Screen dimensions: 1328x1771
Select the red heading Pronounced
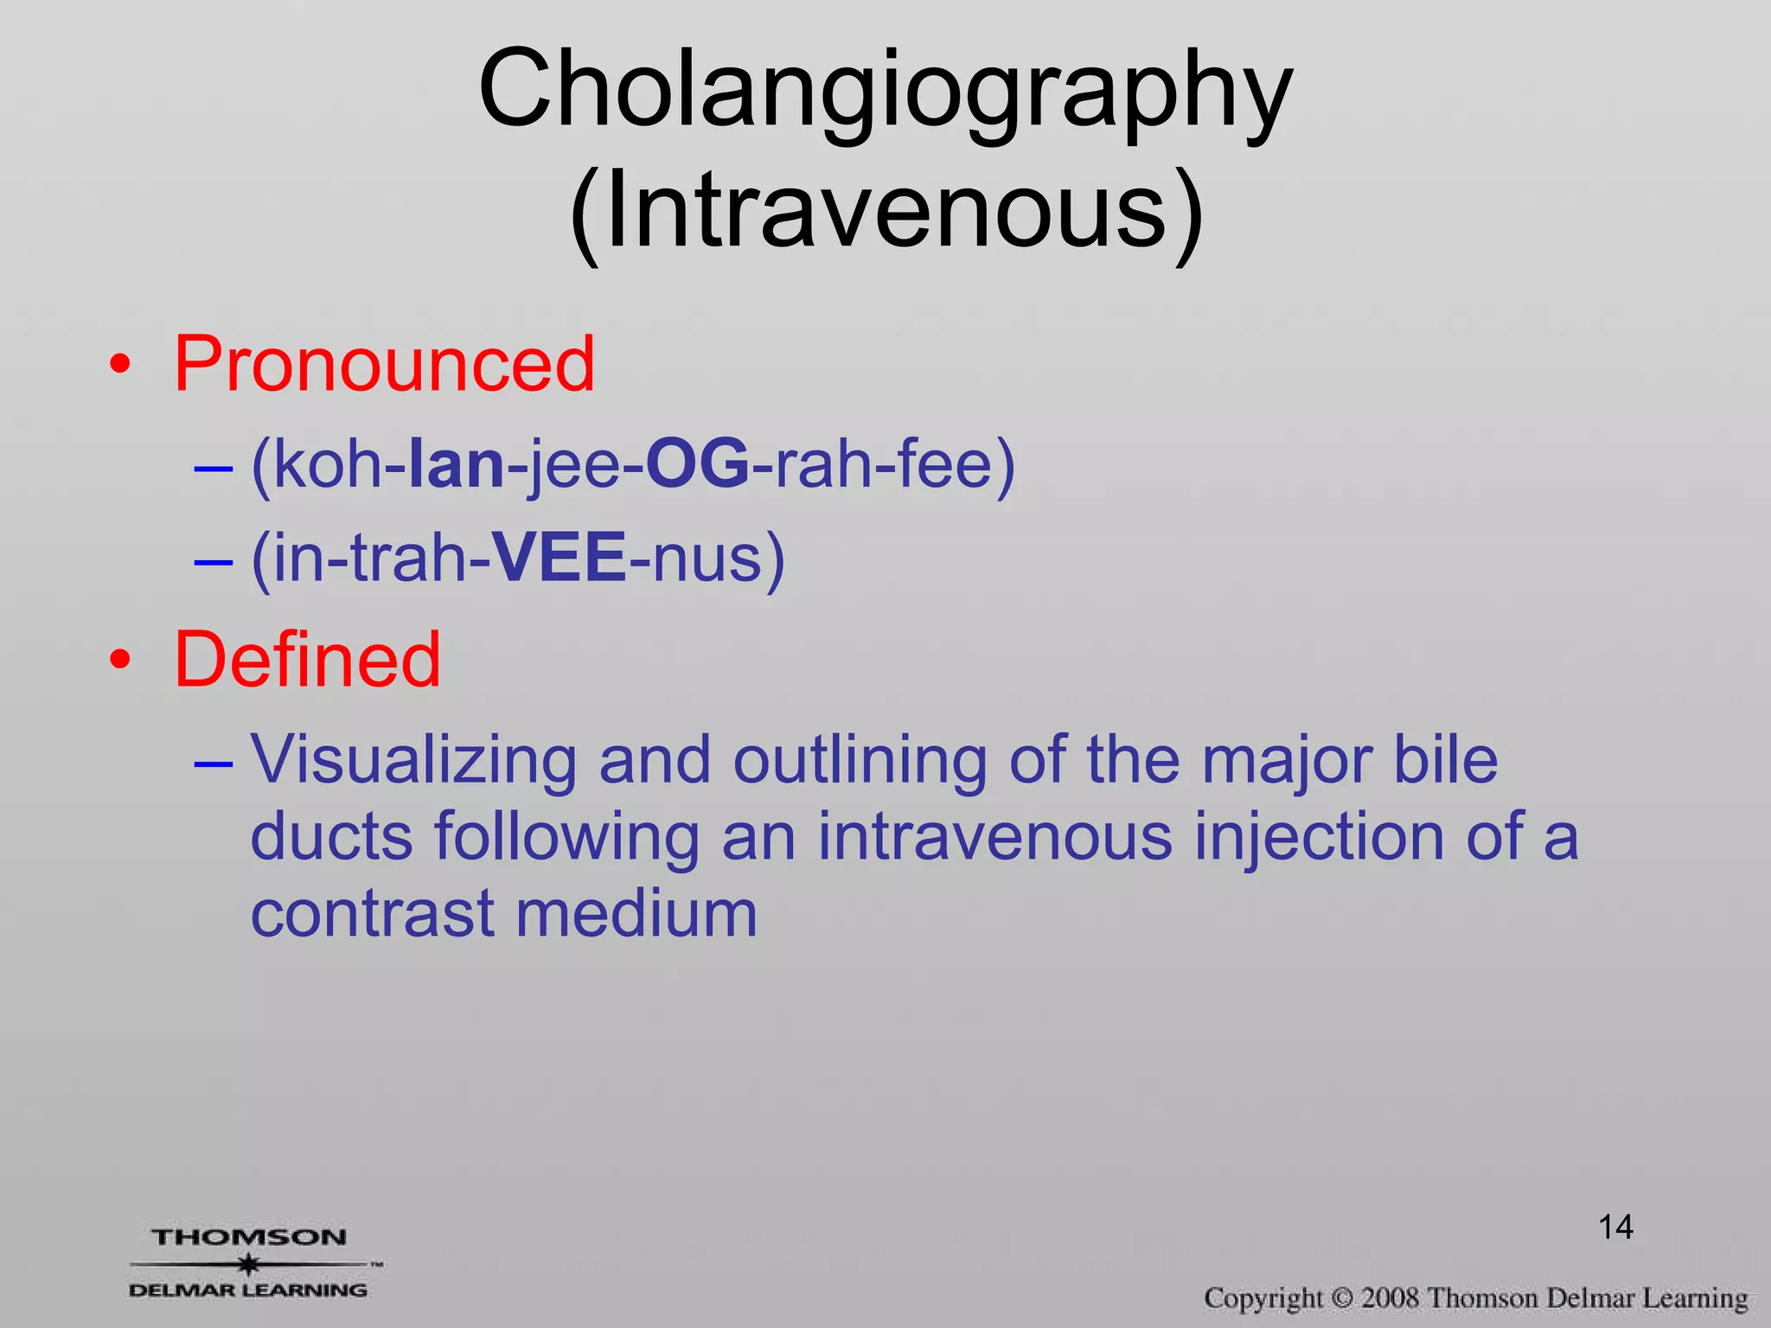click(384, 364)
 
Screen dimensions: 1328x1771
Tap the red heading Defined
click(307, 660)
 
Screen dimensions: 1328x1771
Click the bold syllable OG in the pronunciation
click(697, 465)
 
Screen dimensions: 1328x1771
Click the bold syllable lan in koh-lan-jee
click(456, 465)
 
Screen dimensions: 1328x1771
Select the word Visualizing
click(413, 760)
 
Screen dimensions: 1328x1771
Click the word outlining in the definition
click(860, 760)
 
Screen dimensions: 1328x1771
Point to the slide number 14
click(1614, 1227)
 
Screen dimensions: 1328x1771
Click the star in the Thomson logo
click(249, 1264)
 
